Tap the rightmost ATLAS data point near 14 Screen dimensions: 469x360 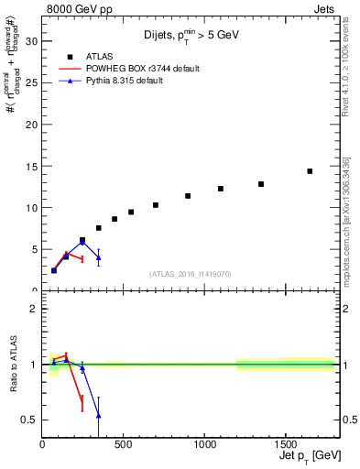[x=310, y=171]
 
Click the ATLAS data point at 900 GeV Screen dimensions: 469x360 [x=188, y=196]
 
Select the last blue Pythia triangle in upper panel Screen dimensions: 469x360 [x=98, y=257]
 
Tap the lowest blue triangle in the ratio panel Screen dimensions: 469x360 [x=98, y=415]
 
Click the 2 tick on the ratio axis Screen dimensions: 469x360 [x=32, y=309]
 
